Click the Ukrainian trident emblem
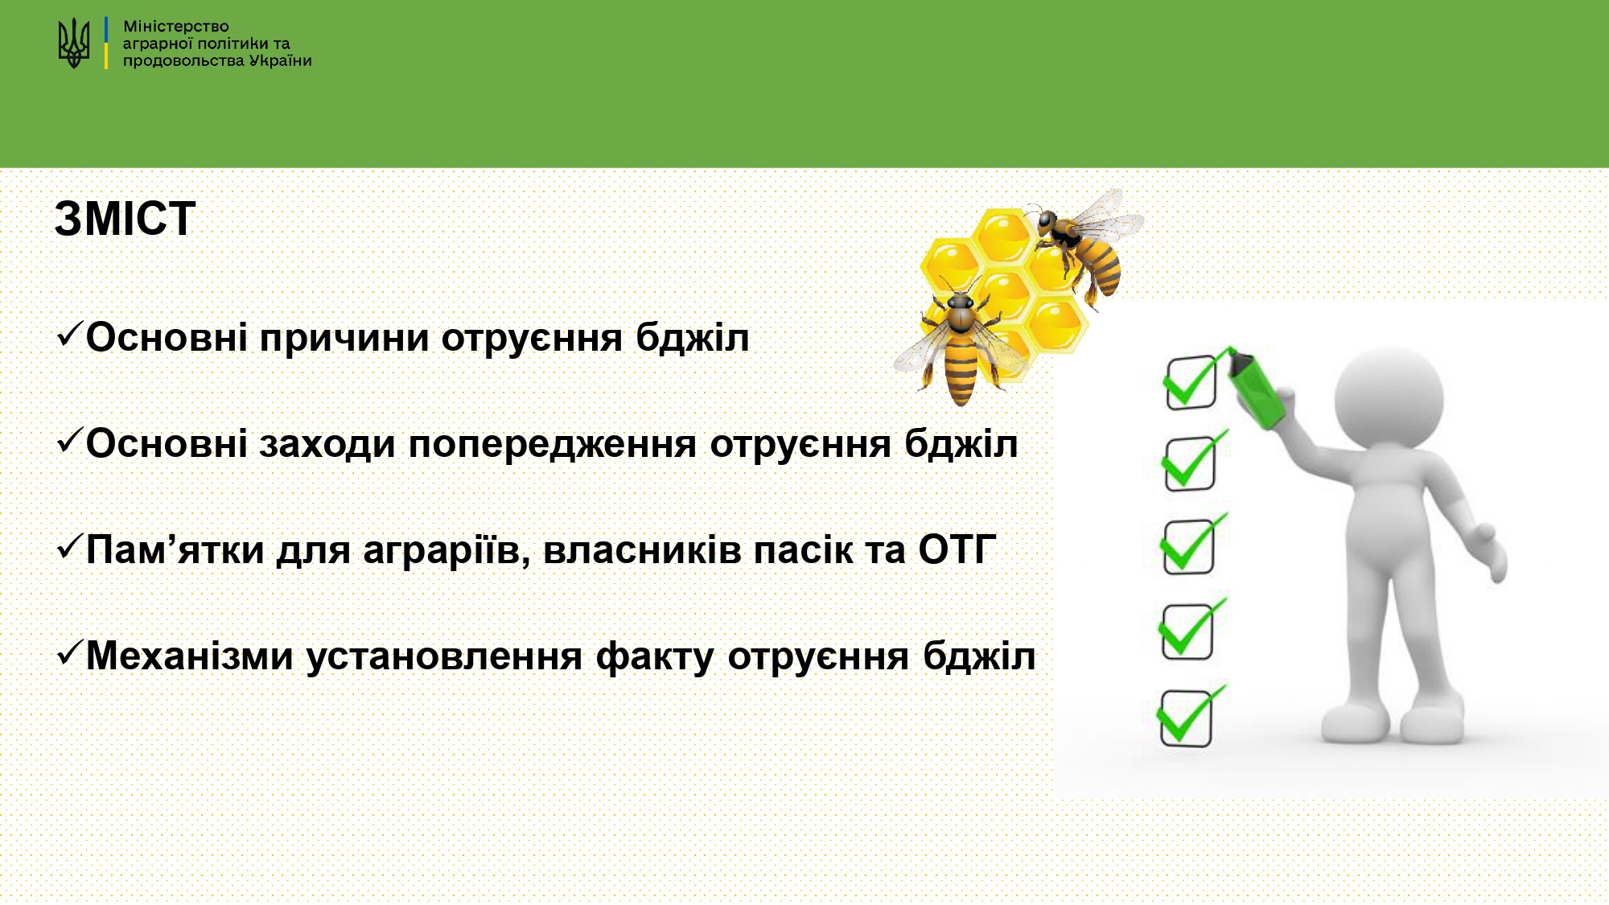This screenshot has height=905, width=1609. pos(74,43)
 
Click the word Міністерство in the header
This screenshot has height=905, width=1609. pos(176,27)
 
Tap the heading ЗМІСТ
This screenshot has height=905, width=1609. pos(125,219)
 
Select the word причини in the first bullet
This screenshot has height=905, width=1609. pos(344,339)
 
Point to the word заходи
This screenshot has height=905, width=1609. pos(327,445)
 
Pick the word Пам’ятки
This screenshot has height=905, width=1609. pos(175,550)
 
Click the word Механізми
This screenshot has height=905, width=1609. pos(190,656)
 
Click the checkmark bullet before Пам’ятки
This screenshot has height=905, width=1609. pos(70,546)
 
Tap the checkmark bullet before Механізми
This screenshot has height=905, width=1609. pos(70,652)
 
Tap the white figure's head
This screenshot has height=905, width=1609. pos(1389,398)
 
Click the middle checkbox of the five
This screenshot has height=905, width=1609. pos(1193,545)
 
